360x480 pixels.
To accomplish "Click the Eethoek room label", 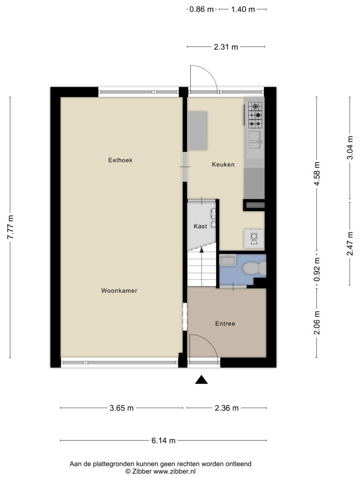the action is tap(120, 160).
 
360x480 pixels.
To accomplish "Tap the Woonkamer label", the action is tap(119, 291).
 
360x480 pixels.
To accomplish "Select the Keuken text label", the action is tap(223, 165).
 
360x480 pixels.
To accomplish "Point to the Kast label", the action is tap(200, 226).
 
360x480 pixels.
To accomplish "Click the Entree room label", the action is tap(225, 323).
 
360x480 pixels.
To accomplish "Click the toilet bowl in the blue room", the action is tap(254, 268).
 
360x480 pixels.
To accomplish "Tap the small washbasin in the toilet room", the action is tap(227, 261).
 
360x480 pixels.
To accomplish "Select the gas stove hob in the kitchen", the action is tap(255, 115).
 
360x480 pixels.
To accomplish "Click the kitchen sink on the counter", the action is tap(255, 140).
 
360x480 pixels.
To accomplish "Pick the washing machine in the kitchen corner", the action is tap(254, 239).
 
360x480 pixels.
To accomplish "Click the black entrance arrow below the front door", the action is tap(202, 380).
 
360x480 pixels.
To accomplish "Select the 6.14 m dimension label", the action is tap(164, 441).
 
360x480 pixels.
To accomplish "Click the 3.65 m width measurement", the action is tap(121, 408).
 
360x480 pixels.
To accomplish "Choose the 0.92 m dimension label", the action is tap(317, 269).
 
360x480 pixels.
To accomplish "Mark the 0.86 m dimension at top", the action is tap(201, 9).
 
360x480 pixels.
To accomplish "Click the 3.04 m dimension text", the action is tap(350, 147).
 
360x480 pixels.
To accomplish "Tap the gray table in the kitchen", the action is tap(197, 131).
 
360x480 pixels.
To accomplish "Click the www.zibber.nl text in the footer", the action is tap(174, 472).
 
